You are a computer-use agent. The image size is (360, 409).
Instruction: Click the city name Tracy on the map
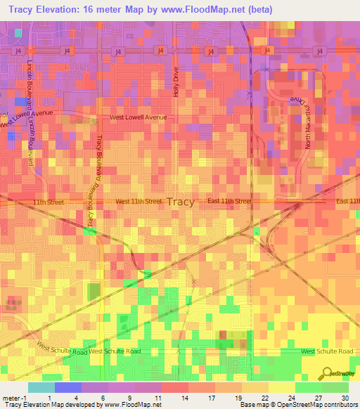click(181, 202)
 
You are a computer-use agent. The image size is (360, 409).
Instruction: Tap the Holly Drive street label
click(176, 82)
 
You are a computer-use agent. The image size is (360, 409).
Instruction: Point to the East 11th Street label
click(230, 201)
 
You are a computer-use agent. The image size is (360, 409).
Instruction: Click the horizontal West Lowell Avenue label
click(138, 117)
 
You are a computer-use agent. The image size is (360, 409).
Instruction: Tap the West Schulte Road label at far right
click(327, 351)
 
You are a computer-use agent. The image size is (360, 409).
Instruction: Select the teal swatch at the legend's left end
click(41, 387)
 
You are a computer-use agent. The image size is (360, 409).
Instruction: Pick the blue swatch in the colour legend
click(67, 387)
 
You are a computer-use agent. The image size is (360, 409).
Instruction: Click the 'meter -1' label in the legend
click(15, 398)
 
